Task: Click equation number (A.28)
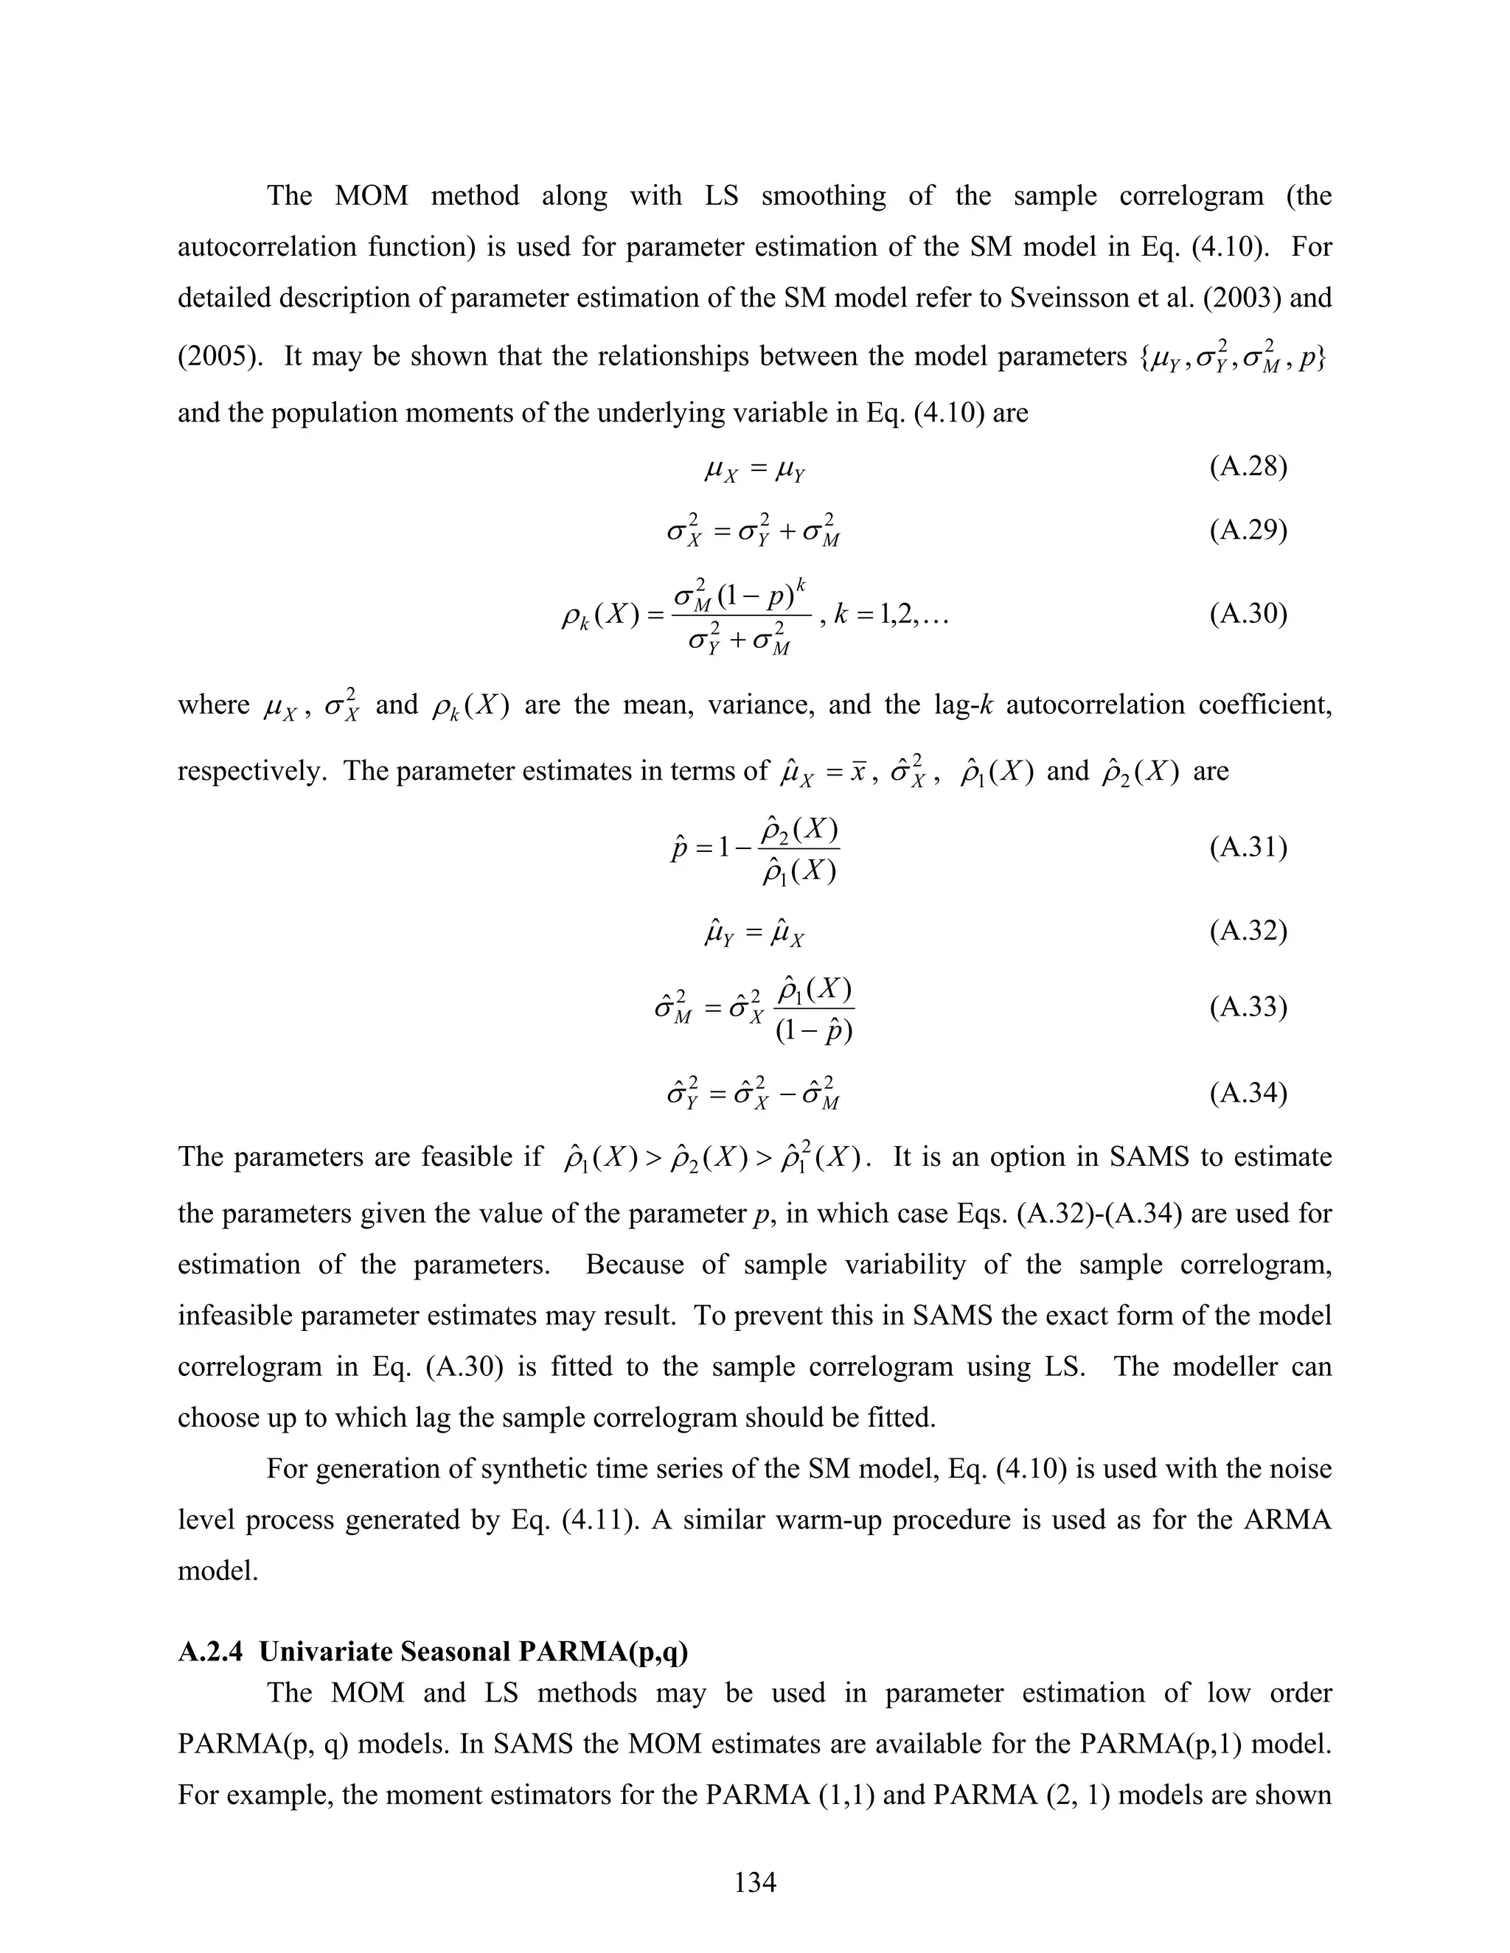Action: (x=1248, y=467)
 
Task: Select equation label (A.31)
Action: (x=1248, y=847)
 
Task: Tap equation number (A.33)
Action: (x=1248, y=1007)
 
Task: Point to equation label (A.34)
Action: (x=1248, y=1093)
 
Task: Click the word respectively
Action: (x=248, y=771)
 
